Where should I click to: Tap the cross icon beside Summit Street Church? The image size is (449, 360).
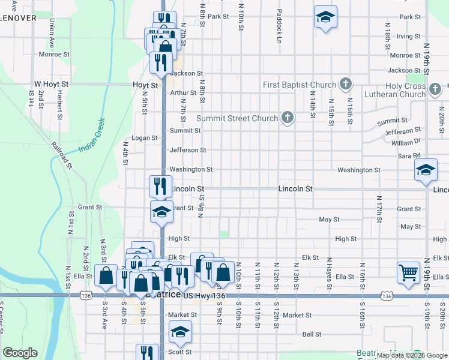coord(288,118)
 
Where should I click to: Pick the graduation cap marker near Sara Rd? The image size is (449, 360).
coord(426,170)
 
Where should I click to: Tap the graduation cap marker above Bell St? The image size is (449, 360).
coord(180,331)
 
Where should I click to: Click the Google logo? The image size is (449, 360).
coord(20,353)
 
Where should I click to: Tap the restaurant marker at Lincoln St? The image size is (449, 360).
coord(161,186)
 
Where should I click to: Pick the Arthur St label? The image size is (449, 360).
coord(183,93)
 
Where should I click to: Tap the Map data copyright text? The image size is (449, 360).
coord(411,355)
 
